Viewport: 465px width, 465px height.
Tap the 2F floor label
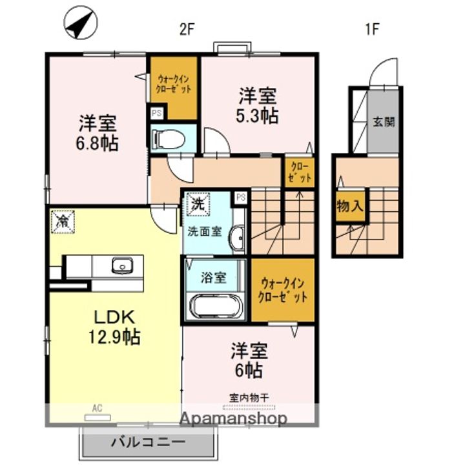187,29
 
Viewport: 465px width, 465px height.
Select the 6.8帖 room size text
99,143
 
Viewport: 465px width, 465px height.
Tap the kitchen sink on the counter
121,265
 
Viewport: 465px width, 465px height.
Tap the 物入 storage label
349,207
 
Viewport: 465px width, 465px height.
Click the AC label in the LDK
97,408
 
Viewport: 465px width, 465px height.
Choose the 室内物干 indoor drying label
249,397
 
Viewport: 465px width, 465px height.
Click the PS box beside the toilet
156,112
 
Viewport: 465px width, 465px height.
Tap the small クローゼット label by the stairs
299,170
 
